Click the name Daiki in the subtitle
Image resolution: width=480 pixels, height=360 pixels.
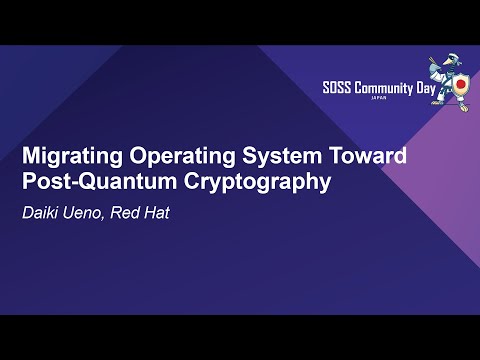(x=42, y=212)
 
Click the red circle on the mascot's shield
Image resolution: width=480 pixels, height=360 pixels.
(x=462, y=87)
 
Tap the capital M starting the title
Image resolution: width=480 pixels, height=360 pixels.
(x=32, y=157)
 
